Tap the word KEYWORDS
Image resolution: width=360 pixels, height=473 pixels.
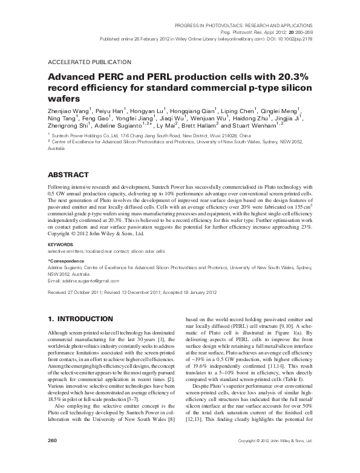point(61,244)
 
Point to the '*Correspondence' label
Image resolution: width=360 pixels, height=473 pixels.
point(67,259)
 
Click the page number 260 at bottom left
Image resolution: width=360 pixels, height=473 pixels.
point(52,458)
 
